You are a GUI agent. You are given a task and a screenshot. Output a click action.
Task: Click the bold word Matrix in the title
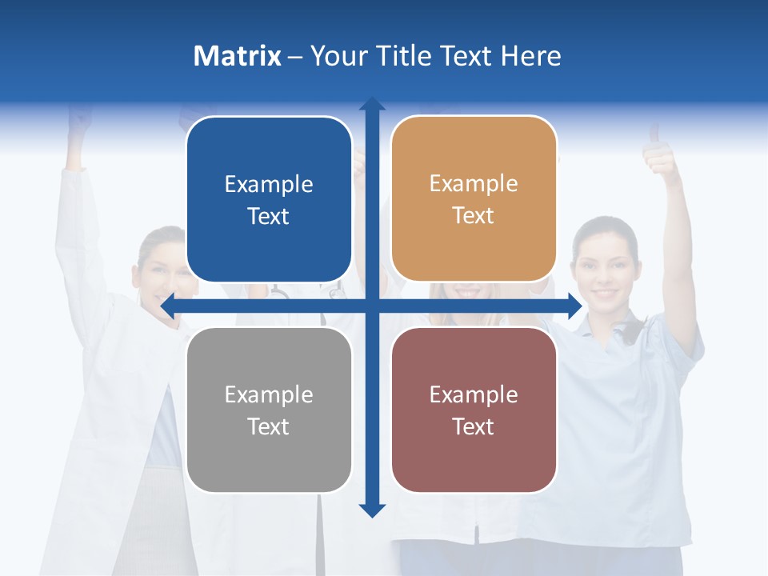click(238, 56)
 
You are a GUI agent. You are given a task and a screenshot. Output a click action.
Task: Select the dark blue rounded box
click(269, 200)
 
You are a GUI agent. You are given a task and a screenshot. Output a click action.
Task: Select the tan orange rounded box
click(474, 199)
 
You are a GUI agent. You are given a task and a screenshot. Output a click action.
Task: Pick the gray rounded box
click(269, 410)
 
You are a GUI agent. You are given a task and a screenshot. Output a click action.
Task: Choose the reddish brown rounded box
click(474, 410)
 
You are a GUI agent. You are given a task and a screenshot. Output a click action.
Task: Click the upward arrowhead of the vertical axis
click(372, 105)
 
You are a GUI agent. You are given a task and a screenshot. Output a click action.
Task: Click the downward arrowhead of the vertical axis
click(372, 510)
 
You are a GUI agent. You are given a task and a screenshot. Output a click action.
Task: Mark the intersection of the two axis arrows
click(372, 306)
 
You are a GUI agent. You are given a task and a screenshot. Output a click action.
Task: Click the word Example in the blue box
click(269, 185)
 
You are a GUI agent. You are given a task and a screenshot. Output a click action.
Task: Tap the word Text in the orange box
click(474, 216)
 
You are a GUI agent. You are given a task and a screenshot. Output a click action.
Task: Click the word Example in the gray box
click(269, 395)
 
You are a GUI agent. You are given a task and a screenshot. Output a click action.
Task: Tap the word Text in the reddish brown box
click(474, 426)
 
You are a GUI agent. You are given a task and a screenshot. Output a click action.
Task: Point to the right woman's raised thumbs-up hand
click(661, 154)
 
